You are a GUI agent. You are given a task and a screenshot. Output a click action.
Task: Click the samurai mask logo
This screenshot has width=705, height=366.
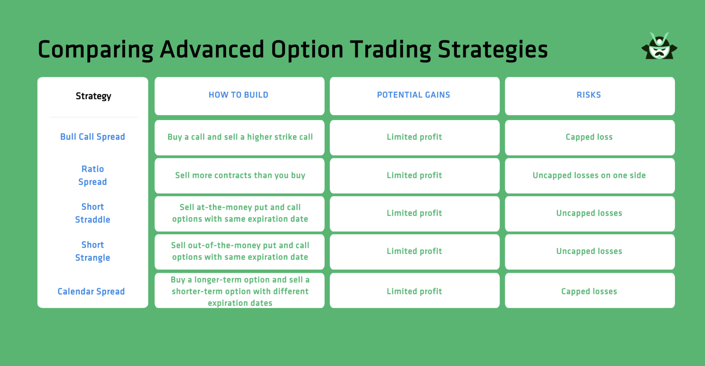coord(659,46)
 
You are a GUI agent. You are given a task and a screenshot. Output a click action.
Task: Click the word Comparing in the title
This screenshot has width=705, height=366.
coord(95,50)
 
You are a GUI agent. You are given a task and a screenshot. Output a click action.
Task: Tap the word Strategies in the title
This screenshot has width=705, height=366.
coord(492,50)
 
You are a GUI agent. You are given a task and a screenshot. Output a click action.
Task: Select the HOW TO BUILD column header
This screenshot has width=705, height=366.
coord(239,95)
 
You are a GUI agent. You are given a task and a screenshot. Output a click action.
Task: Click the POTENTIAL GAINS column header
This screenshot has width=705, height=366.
coord(414,95)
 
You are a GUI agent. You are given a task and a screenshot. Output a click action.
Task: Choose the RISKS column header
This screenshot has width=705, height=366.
coord(589,95)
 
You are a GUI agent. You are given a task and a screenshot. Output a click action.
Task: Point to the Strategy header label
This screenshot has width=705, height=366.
coord(93,96)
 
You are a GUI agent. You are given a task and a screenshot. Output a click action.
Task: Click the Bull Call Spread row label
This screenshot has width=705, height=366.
coord(93,137)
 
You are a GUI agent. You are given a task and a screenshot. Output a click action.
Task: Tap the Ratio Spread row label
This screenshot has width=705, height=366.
coord(93,175)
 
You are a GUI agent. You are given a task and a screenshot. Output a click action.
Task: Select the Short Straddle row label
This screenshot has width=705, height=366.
coord(93,213)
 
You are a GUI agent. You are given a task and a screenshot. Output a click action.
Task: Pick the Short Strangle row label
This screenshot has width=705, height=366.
coord(93,251)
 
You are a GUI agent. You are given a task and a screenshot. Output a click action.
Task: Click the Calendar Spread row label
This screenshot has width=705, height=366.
coord(91,291)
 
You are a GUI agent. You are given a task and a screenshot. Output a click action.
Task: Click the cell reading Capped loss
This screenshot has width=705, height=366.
coord(589,137)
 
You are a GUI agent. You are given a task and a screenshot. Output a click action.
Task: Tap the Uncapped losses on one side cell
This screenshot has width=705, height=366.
coord(589,175)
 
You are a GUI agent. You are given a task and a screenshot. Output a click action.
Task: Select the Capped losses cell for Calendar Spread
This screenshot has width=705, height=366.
coord(589,291)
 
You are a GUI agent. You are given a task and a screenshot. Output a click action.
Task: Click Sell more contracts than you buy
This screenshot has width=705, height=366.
coord(240,175)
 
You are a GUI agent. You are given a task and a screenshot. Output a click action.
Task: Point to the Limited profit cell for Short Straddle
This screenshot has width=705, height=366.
coord(415,213)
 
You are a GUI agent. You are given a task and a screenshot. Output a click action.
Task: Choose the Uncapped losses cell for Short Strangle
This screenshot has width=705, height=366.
coord(589,251)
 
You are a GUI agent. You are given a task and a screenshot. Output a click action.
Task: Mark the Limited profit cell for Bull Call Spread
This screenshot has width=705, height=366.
coord(415,137)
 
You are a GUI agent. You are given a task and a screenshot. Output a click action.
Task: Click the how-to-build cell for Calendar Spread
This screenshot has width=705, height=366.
coord(240,291)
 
